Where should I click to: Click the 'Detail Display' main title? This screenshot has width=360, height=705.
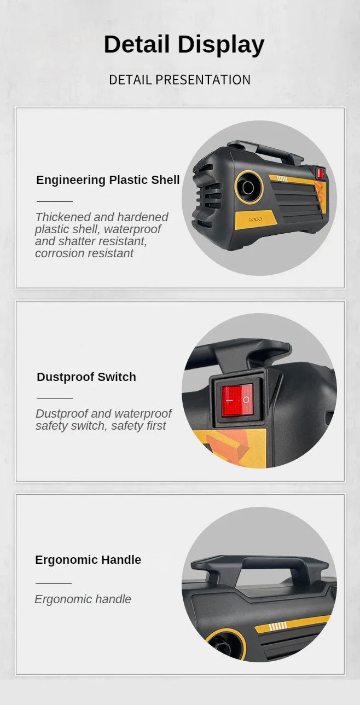pyautogui.click(x=184, y=45)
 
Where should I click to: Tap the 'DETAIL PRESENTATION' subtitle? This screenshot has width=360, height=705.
pyautogui.click(x=179, y=80)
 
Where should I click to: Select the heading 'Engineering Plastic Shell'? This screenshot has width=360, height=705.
pyautogui.click(x=108, y=180)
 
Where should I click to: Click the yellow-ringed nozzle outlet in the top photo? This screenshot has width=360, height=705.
pyautogui.click(x=248, y=187)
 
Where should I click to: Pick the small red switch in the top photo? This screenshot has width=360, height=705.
pyautogui.click(x=321, y=174)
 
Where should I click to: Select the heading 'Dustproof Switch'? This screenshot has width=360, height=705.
pyautogui.click(x=86, y=377)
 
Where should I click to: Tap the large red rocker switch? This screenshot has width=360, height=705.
pyautogui.click(x=237, y=400)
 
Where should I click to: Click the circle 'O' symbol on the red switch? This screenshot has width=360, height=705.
pyautogui.click(x=246, y=400)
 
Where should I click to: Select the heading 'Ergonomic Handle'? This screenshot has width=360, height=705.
pyautogui.click(x=88, y=560)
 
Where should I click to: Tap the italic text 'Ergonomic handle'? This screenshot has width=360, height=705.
pyautogui.click(x=83, y=599)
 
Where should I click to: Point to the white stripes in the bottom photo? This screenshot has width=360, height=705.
pyautogui.click(x=277, y=626)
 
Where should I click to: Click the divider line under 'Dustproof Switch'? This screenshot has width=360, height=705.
pyautogui.click(x=55, y=398)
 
